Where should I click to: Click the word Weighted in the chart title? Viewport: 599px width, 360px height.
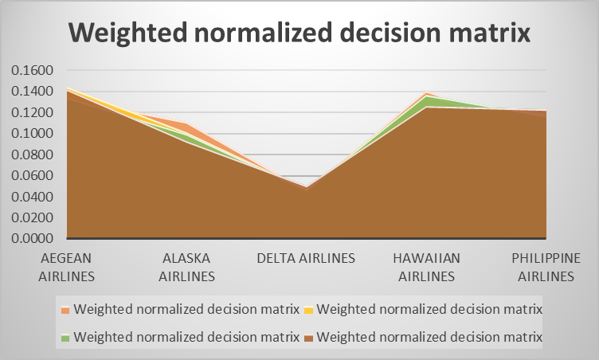tap(127, 33)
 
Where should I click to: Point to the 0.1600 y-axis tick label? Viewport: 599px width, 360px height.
tap(32, 70)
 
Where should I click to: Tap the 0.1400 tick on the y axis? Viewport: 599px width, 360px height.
tap(32, 91)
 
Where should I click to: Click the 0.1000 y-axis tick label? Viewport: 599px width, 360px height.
tap(32, 133)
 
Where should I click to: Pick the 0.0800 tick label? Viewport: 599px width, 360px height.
tap(32, 155)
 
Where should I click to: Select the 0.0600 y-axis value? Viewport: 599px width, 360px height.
tap(32, 175)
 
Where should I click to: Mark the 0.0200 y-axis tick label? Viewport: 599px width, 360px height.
tap(32, 217)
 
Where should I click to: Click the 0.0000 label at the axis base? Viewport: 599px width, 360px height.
tap(32, 238)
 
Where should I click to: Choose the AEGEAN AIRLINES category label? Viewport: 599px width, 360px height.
tap(66, 267)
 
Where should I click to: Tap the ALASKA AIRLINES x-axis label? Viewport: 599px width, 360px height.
tap(187, 267)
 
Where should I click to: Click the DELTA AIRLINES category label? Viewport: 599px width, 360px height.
tap(306, 258)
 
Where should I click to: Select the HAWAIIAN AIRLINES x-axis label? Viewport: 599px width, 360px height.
tap(427, 267)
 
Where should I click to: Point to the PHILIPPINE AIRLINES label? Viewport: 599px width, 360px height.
tap(546, 267)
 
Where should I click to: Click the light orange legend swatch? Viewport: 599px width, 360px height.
tap(65, 310)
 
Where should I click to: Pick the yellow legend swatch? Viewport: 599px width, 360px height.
tap(309, 310)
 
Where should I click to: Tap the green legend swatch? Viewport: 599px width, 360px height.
tap(65, 338)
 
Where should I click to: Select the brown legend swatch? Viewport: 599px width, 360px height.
tap(309, 338)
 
